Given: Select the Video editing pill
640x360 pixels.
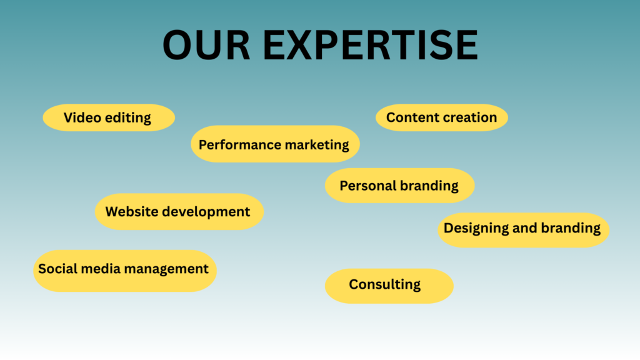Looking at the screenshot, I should (108, 117).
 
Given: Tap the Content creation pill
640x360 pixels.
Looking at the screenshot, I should (441, 117).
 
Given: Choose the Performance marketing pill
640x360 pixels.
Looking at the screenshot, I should (274, 144).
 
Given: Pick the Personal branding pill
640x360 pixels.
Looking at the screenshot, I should (399, 186).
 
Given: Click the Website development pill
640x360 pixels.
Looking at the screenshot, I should (179, 212).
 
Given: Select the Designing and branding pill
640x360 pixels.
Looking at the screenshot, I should (522, 228).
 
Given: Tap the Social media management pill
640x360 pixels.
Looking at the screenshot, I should (124, 269).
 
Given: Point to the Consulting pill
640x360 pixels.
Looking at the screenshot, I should (388, 285).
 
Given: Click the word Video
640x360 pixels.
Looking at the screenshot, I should (82, 117).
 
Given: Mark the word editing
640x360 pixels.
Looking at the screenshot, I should (127, 118).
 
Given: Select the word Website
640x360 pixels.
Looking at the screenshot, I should (131, 212).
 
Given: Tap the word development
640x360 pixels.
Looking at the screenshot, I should (206, 212).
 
